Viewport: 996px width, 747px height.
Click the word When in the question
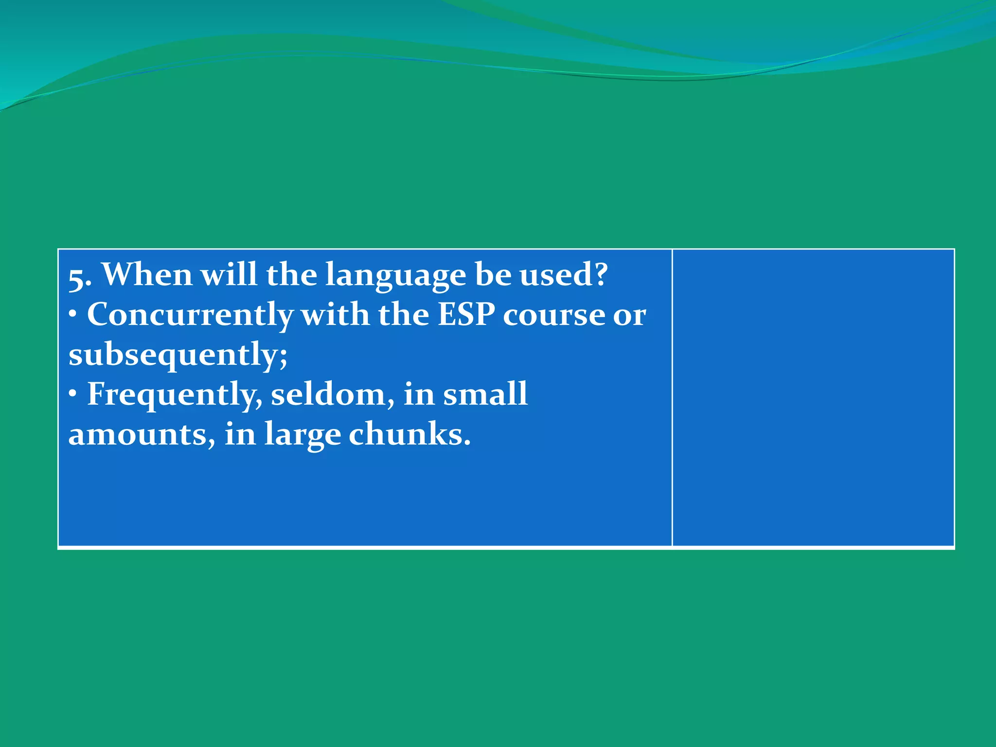click(x=147, y=275)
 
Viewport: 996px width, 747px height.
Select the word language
click(x=395, y=275)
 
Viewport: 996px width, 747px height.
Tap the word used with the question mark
click(x=564, y=275)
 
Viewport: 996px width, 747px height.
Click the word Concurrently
click(x=190, y=315)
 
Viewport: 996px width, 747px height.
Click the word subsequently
click(x=178, y=355)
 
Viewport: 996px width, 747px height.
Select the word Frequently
click(x=175, y=395)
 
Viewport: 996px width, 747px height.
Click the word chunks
click(x=409, y=435)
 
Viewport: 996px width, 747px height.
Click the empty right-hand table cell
click(x=813, y=398)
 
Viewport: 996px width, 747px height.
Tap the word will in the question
click(x=229, y=275)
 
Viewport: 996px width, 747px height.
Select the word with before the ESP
click(x=335, y=315)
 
